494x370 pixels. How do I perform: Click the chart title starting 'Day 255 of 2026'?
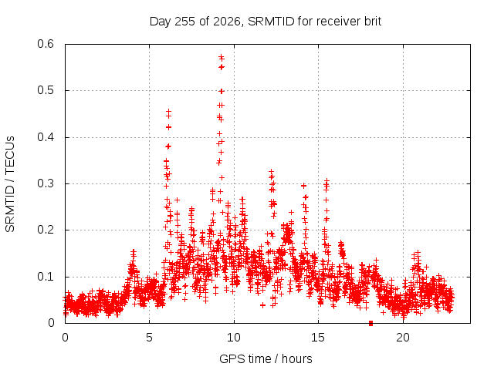pyautogui.click(x=266, y=22)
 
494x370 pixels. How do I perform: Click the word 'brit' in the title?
pyautogui.click(x=373, y=22)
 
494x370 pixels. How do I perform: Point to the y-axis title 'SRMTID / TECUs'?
pyautogui.click(x=10, y=184)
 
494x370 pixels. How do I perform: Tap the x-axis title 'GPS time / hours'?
pyautogui.click(x=266, y=358)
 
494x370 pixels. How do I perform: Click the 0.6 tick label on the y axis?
pyautogui.click(x=46, y=44)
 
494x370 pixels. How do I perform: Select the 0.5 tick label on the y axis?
pyautogui.click(x=46, y=90)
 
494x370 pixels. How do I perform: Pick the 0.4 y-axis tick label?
pyautogui.click(x=46, y=137)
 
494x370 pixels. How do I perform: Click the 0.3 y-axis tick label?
pyautogui.click(x=46, y=183)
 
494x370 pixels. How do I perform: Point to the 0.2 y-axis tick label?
pyautogui.click(x=46, y=230)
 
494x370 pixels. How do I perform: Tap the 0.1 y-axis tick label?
pyautogui.click(x=46, y=277)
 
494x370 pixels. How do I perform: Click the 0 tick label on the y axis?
pyautogui.click(x=51, y=323)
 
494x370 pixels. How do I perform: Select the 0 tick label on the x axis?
pyautogui.click(x=65, y=338)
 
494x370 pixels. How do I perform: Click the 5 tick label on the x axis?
pyautogui.click(x=149, y=338)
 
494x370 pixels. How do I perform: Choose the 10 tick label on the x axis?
pyautogui.click(x=234, y=338)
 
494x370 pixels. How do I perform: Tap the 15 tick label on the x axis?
pyautogui.click(x=318, y=338)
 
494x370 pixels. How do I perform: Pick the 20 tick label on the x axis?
pyautogui.click(x=403, y=338)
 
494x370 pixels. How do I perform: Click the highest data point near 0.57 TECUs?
pyautogui.click(x=222, y=57)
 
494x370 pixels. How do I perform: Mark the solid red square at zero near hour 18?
pyautogui.click(x=370, y=323)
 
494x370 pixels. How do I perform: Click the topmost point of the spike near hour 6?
pyautogui.click(x=168, y=111)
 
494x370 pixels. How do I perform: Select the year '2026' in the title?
pyautogui.click(x=226, y=22)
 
